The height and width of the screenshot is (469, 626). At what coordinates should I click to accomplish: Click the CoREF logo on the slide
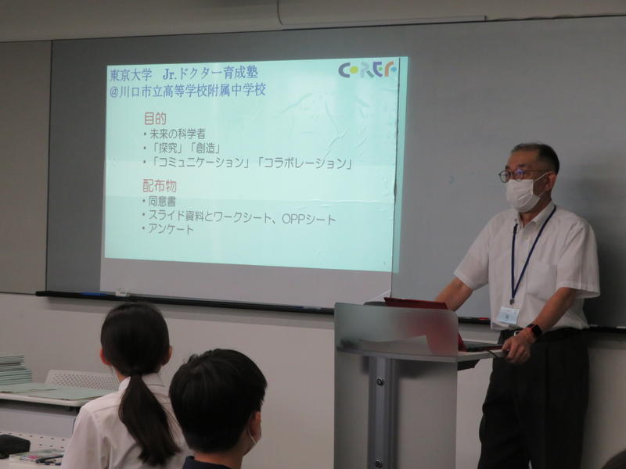(367, 70)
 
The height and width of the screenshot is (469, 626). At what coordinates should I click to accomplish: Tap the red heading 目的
(155, 119)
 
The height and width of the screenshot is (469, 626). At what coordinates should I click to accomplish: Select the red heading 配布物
(160, 186)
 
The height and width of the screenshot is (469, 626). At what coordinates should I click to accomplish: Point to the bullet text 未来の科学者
(178, 134)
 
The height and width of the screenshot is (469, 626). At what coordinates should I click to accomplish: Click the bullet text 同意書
(162, 201)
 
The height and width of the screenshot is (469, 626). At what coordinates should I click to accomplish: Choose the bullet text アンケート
(171, 229)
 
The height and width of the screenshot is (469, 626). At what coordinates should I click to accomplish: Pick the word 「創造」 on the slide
(206, 149)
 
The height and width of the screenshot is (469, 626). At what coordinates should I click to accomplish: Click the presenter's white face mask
(523, 193)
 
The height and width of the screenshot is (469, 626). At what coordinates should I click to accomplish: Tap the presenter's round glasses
(518, 174)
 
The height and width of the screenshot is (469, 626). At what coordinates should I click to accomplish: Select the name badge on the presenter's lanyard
(507, 316)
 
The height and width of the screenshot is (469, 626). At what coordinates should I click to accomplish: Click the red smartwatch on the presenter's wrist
(534, 331)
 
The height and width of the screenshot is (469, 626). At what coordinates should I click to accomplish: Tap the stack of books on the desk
(15, 369)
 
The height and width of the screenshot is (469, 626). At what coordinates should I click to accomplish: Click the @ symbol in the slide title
(114, 91)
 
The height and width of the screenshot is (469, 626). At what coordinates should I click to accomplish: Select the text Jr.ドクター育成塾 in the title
(210, 73)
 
